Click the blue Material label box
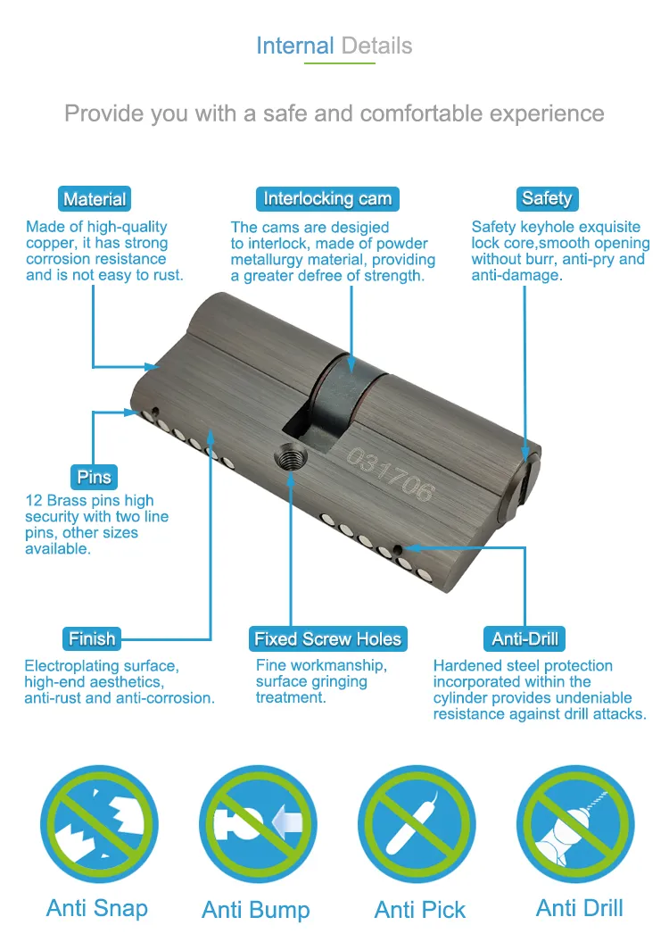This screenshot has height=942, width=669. coord(95,199)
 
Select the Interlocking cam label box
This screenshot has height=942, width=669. coord(327,198)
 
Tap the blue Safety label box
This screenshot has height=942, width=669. coord(547,198)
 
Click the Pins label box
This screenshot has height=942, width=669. coord(94,477)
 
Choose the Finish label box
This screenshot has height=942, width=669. coord(92,638)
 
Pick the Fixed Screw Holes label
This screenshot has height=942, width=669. coord(327,638)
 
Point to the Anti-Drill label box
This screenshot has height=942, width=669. coord(525,638)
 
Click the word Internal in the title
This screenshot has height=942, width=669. coord(294,46)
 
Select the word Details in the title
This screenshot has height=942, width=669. coord(376,46)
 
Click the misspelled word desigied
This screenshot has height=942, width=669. coord(359,228)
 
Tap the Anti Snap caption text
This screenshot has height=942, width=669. coord(97,908)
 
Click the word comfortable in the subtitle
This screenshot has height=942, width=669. coord(418,114)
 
